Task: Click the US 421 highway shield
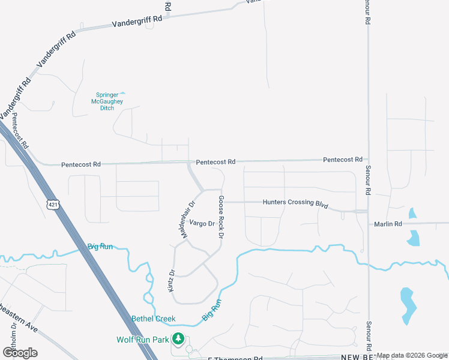coord(53,204)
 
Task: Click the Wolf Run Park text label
coord(143,340)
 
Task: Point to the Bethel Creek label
coord(154,319)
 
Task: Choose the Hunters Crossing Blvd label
coord(295,203)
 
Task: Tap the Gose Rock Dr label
coord(221,217)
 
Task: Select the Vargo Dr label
coord(202,223)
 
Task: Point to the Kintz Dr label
coord(172,280)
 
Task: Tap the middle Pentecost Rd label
coord(215,161)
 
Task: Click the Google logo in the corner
coord(19,352)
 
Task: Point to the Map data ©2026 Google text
coord(412,355)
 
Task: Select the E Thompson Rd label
coord(235,358)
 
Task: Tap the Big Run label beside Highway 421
coord(100,247)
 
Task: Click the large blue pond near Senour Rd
coord(408,304)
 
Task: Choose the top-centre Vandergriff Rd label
coord(137,22)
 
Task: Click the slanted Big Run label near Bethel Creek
coord(212,309)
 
